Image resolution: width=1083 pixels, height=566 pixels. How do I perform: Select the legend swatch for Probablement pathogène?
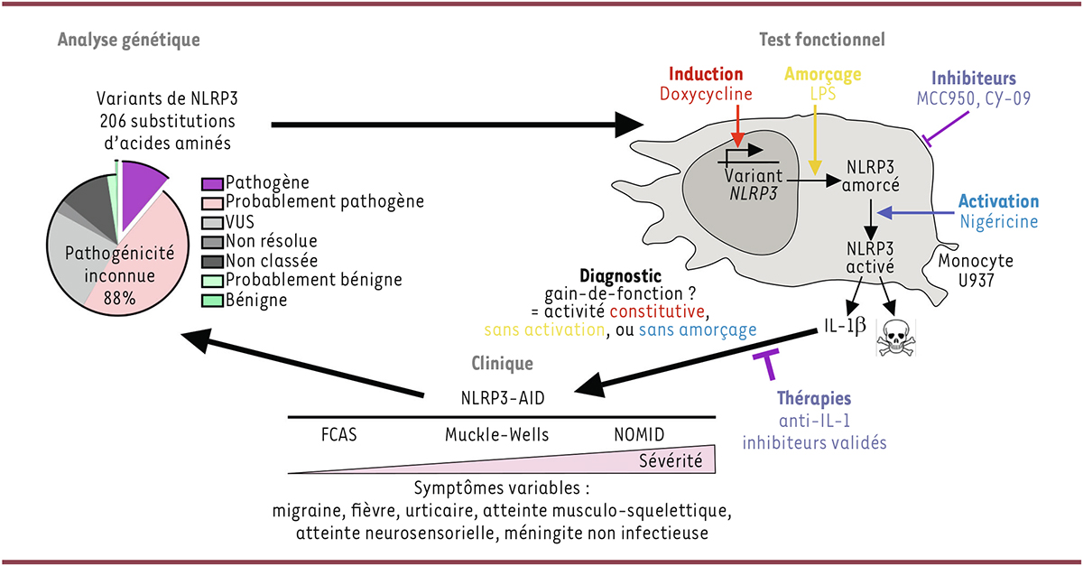pyautogui.click(x=212, y=201)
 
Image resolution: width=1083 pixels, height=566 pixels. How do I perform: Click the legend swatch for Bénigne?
pyautogui.click(x=212, y=299)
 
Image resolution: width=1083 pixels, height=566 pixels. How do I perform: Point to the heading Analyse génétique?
pyautogui.click(x=128, y=40)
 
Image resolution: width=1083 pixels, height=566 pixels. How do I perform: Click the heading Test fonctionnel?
pyautogui.click(x=821, y=40)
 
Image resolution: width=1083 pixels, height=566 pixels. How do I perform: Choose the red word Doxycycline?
pyautogui.click(x=706, y=93)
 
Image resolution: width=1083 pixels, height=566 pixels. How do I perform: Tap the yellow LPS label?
pyautogui.click(x=818, y=94)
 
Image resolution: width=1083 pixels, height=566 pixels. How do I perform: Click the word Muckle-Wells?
pyautogui.click(x=496, y=434)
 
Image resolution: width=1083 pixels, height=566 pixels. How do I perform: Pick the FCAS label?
pyautogui.click(x=338, y=434)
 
